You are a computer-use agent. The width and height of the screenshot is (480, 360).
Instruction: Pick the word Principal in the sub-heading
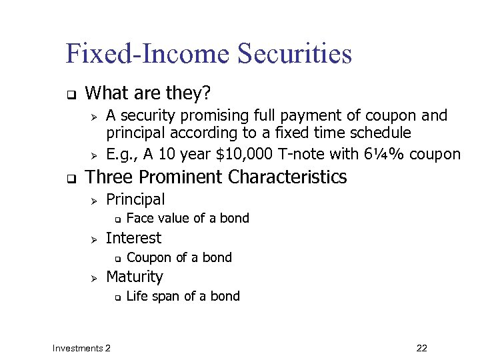click(135, 199)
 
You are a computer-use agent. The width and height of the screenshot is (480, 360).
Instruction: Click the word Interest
click(133, 238)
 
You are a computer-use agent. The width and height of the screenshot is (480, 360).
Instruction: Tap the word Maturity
click(134, 277)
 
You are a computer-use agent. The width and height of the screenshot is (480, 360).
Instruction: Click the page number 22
click(421, 348)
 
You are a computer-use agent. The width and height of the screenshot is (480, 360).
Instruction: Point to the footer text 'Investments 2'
click(82, 348)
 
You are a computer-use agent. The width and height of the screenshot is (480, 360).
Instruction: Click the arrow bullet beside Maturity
click(94, 277)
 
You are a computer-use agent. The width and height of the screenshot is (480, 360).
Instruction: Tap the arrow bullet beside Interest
click(94, 239)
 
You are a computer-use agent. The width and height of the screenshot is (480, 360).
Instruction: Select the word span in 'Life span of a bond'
click(164, 297)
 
